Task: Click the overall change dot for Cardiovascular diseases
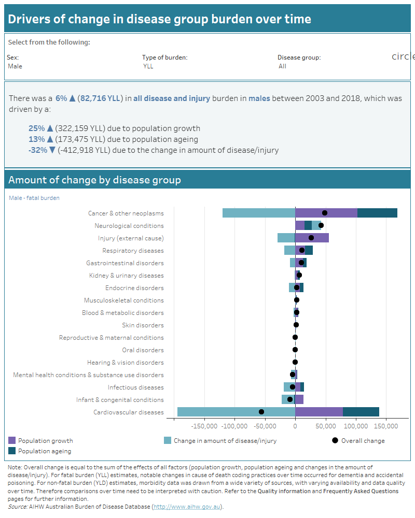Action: [x=261, y=412]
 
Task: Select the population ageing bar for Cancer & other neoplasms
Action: [x=377, y=213]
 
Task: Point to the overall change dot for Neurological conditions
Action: [x=321, y=225]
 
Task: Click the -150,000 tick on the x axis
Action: [x=204, y=426]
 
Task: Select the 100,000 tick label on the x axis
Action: [x=356, y=426]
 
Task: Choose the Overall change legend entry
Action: [x=363, y=441]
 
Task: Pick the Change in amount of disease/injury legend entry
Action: [x=225, y=441]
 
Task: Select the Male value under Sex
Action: [x=15, y=66]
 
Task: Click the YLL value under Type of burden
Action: [x=148, y=66]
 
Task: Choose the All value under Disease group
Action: [x=282, y=66]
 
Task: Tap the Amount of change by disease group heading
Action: [x=94, y=180]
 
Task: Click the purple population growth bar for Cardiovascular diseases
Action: [x=319, y=412]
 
